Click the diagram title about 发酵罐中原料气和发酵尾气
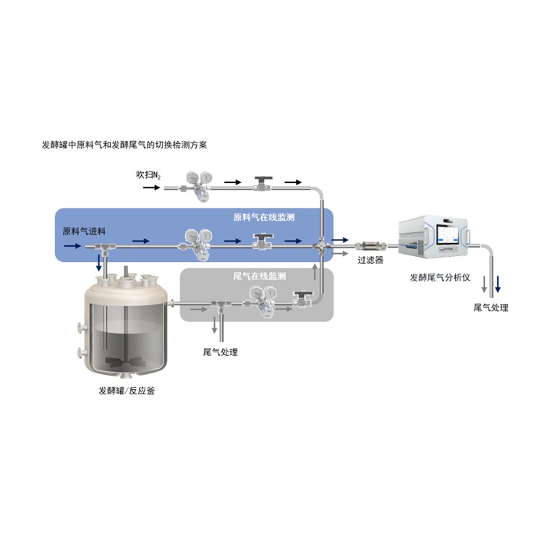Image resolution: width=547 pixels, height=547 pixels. coord(124,145)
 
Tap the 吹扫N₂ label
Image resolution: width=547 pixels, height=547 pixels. coord(148,175)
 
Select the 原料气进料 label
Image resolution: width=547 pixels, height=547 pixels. coord(84,232)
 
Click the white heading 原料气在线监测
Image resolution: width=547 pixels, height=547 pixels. coord(264,217)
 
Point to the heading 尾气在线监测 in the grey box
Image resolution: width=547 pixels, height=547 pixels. coord(259,276)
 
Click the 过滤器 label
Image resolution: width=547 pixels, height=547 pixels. coord(370,260)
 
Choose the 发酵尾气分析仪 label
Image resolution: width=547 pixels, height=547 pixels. coord(440,278)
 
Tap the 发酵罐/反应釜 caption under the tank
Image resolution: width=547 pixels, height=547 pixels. coord(127,391)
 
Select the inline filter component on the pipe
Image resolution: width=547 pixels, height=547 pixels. coord(371,245)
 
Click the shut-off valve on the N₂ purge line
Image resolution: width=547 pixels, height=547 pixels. coord(263,184)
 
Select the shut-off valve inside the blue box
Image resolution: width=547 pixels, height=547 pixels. coord(263,242)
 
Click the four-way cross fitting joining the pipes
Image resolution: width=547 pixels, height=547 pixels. coord(321,246)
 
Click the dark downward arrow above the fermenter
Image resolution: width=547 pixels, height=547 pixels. coord(98,263)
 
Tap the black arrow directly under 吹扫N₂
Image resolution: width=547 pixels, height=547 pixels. coord(151,187)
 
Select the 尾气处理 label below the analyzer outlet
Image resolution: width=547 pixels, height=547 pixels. coord(491,308)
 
